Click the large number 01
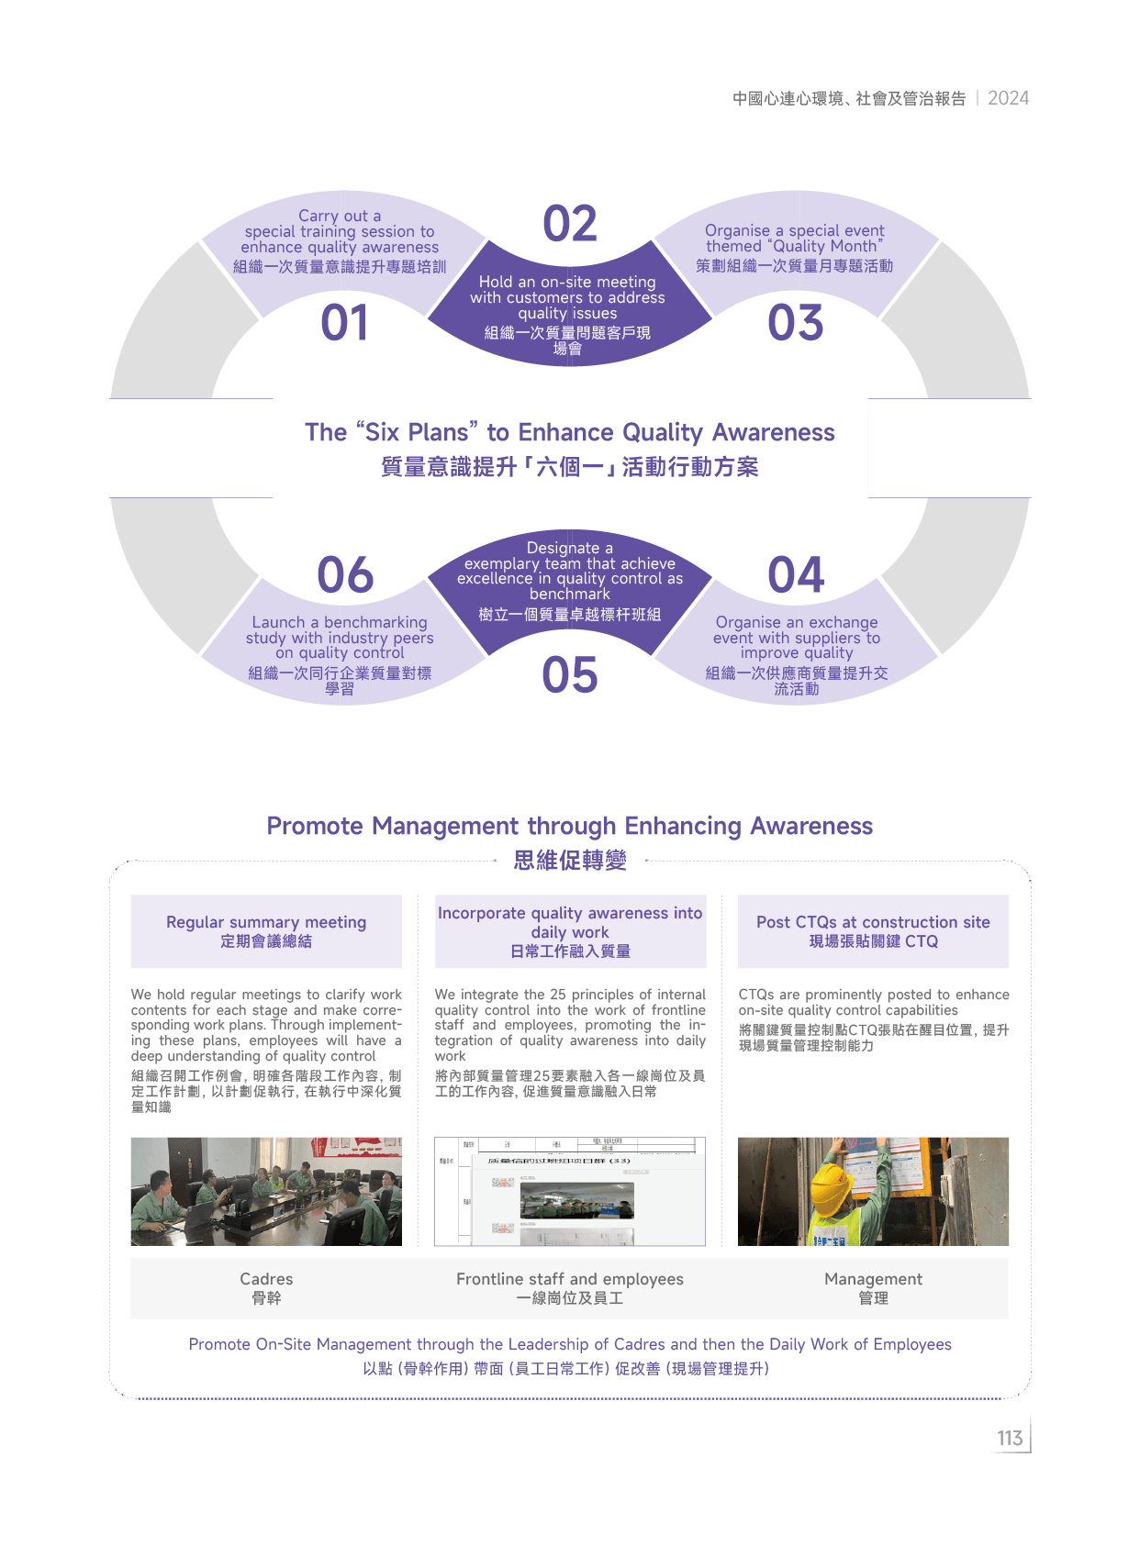[344, 323]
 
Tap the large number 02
[569, 224]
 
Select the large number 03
[796, 323]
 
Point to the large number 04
[796, 575]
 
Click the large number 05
[569, 675]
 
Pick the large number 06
[345, 575]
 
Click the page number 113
[1010, 1438]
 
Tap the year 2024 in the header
[1008, 98]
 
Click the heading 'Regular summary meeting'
[266, 922]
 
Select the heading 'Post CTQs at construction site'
[873, 922]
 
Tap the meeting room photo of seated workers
[266, 1191]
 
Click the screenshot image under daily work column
[570, 1191]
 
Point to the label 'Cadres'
[266, 1279]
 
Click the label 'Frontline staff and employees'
[570, 1279]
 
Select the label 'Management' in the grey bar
[873, 1279]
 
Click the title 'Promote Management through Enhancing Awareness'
[569, 826]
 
